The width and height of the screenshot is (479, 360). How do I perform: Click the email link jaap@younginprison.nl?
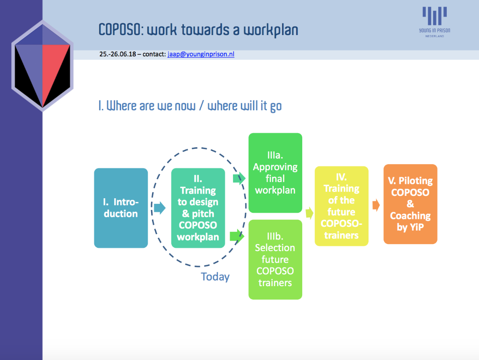tap(201, 54)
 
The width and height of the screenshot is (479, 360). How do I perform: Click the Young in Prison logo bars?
tap(435, 16)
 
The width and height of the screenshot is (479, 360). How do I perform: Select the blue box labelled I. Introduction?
tap(121, 208)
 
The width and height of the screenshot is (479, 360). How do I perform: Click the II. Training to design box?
tap(198, 208)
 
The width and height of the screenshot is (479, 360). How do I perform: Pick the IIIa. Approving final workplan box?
tap(275, 173)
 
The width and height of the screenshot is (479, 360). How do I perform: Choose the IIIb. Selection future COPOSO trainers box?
tap(275, 259)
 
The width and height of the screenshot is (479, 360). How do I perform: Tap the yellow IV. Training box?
tap(341, 206)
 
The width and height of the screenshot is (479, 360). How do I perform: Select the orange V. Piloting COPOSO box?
tap(410, 204)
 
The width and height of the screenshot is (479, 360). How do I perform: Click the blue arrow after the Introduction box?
tap(160, 208)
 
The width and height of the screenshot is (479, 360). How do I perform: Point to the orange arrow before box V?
tap(376, 205)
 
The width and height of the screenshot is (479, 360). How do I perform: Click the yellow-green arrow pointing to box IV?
tap(310, 213)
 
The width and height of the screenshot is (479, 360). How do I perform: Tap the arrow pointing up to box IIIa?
tap(239, 179)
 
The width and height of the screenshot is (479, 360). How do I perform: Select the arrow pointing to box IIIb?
tap(237, 236)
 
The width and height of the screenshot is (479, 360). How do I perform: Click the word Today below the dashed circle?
tap(215, 277)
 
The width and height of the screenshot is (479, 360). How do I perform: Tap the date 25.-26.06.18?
tap(117, 54)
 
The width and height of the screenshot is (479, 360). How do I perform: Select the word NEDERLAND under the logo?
tap(435, 36)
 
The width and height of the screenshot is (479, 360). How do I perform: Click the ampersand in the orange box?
tap(410, 204)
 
